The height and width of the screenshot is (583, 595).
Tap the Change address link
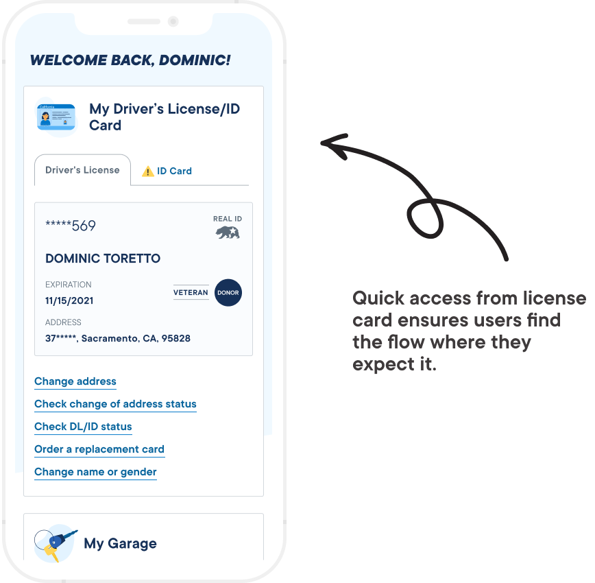pos(75,381)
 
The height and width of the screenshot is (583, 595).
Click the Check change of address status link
pos(115,404)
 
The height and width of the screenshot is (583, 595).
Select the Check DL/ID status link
pos(83,427)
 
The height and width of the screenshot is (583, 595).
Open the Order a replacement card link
pos(99,449)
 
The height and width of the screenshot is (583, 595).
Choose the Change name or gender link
pos(95,472)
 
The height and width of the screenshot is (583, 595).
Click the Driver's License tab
pos(82,170)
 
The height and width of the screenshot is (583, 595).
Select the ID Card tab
pos(174,171)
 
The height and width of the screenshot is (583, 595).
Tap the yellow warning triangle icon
pos(147,171)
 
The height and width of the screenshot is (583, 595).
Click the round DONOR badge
pos(228,293)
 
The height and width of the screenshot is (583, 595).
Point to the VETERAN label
pos(191,293)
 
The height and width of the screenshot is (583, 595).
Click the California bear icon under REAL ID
pos(228,233)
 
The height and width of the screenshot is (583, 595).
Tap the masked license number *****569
pos(71,226)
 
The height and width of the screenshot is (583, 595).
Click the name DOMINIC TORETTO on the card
pos(103,259)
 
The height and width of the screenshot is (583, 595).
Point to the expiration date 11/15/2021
pos(69,300)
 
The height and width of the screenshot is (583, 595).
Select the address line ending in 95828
pos(118,338)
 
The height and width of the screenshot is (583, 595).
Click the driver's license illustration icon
pos(56,117)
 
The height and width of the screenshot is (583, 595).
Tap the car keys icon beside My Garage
pos(55,544)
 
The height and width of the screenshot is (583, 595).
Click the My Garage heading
pos(120,544)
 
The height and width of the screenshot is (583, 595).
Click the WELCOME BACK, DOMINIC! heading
pos(130,60)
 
